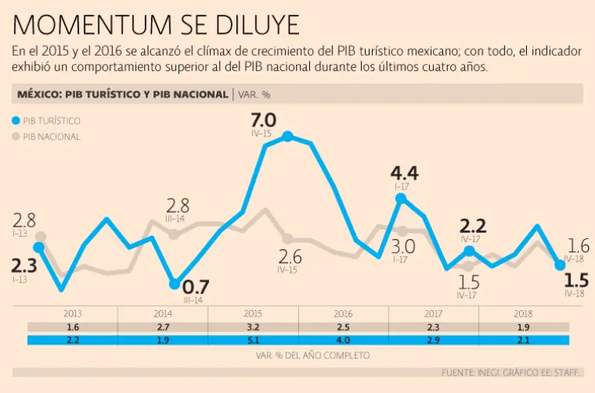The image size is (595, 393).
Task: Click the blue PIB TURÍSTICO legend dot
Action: click(17, 121)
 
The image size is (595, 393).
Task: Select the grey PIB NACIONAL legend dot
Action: click(17, 137)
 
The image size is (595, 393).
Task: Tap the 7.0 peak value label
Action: click(263, 120)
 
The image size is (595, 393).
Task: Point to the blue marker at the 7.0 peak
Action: click(287, 136)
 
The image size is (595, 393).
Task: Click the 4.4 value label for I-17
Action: click(404, 172)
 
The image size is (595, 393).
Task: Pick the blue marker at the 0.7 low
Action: click(174, 285)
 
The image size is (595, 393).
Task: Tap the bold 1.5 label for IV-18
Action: click(576, 279)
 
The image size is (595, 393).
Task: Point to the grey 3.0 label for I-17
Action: click(404, 247)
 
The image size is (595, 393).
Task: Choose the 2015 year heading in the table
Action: click(253, 314)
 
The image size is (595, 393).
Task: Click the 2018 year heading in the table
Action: click(524, 314)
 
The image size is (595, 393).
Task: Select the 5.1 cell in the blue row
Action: click(253, 340)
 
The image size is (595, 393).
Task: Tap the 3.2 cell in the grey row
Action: click(253, 328)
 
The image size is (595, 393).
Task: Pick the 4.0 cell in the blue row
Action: click(343, 340)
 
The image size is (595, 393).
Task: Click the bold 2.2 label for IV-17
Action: click(473, 226)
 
